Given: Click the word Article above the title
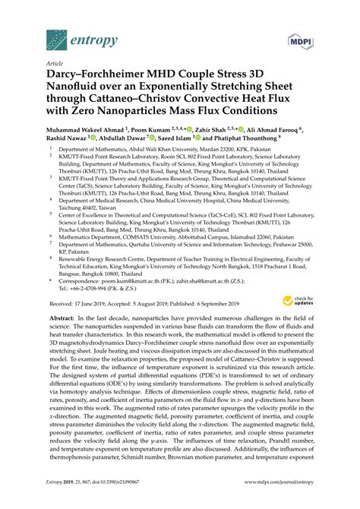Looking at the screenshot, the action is (x=55, y=65).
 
